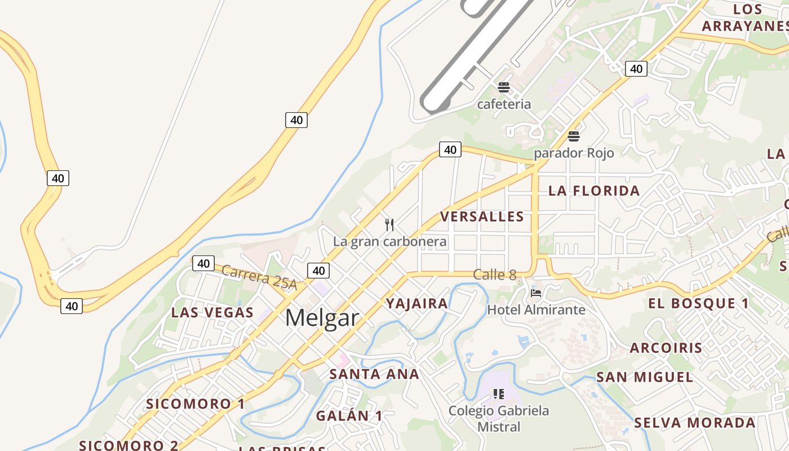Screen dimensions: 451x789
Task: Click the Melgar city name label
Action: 322,318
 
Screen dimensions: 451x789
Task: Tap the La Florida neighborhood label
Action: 594,191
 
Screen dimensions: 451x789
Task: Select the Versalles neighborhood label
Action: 482,216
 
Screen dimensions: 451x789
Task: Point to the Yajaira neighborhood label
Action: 417,304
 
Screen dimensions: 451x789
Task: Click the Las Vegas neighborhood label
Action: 212,312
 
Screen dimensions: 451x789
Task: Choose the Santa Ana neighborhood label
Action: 374,374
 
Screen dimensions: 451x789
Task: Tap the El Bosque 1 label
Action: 698,303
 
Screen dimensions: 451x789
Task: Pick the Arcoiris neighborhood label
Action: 666,348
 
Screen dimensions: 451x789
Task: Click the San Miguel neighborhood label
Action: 645,377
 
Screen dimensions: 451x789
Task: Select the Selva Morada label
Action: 695,423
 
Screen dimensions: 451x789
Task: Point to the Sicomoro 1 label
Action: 196,404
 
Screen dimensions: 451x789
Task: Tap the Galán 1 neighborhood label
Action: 349,416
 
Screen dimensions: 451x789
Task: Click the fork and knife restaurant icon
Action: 389,225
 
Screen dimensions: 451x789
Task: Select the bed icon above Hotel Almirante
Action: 536,293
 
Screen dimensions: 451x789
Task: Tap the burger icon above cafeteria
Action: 504,87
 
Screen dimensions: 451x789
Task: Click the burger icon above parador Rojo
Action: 574,136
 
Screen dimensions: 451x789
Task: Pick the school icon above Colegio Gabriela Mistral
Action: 498,393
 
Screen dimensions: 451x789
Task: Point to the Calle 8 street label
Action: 495,275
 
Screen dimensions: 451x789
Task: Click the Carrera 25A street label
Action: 259,277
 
